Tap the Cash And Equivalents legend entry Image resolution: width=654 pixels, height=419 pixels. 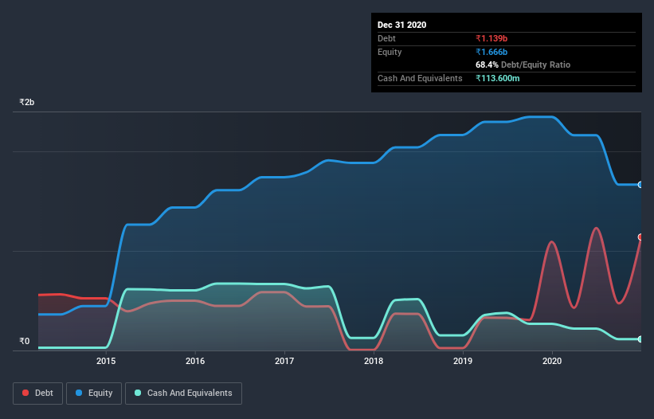tap(183, 393)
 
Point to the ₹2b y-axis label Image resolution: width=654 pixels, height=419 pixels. tap(27, 103)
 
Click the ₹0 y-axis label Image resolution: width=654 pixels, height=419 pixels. tap(24, 342)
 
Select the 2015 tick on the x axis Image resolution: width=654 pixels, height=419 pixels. tap(106, 361)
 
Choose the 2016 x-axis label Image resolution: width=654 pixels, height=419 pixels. tap(195, 361)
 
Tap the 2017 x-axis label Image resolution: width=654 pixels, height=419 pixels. tap(284, 361)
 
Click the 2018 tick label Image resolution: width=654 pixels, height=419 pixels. tap(374, 361)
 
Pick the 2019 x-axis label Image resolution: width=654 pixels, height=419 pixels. tap(463, 361)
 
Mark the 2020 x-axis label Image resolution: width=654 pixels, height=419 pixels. tap(552, 361)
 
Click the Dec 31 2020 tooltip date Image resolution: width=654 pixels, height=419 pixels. tap(401, 25)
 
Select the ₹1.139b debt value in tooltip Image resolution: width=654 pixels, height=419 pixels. tap(492, 38)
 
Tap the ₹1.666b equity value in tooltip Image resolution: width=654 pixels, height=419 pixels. tap(492, 52)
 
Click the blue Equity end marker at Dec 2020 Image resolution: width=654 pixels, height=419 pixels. tap(640, 185)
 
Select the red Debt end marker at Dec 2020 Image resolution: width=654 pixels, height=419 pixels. tap(640, 237)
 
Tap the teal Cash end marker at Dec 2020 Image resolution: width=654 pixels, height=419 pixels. tap(640, 339)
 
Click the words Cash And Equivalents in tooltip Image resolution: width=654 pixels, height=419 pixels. tap(420, 78)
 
